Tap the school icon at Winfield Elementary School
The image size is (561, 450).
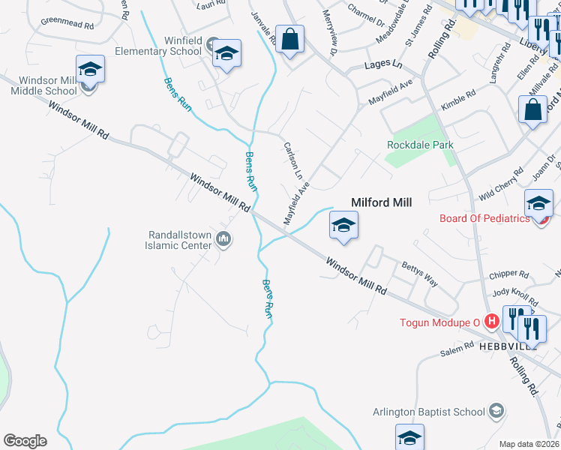(x=226, y=53)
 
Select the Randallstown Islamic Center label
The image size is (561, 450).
(x=181, y=240)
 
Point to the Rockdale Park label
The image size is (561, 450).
(x=421, y=145)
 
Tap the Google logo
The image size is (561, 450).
(x=25, y=441)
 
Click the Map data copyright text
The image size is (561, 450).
(x=529, y=444)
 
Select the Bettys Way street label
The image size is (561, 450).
(x=420, y=274)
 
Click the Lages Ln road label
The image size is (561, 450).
(x=382, y=66)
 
